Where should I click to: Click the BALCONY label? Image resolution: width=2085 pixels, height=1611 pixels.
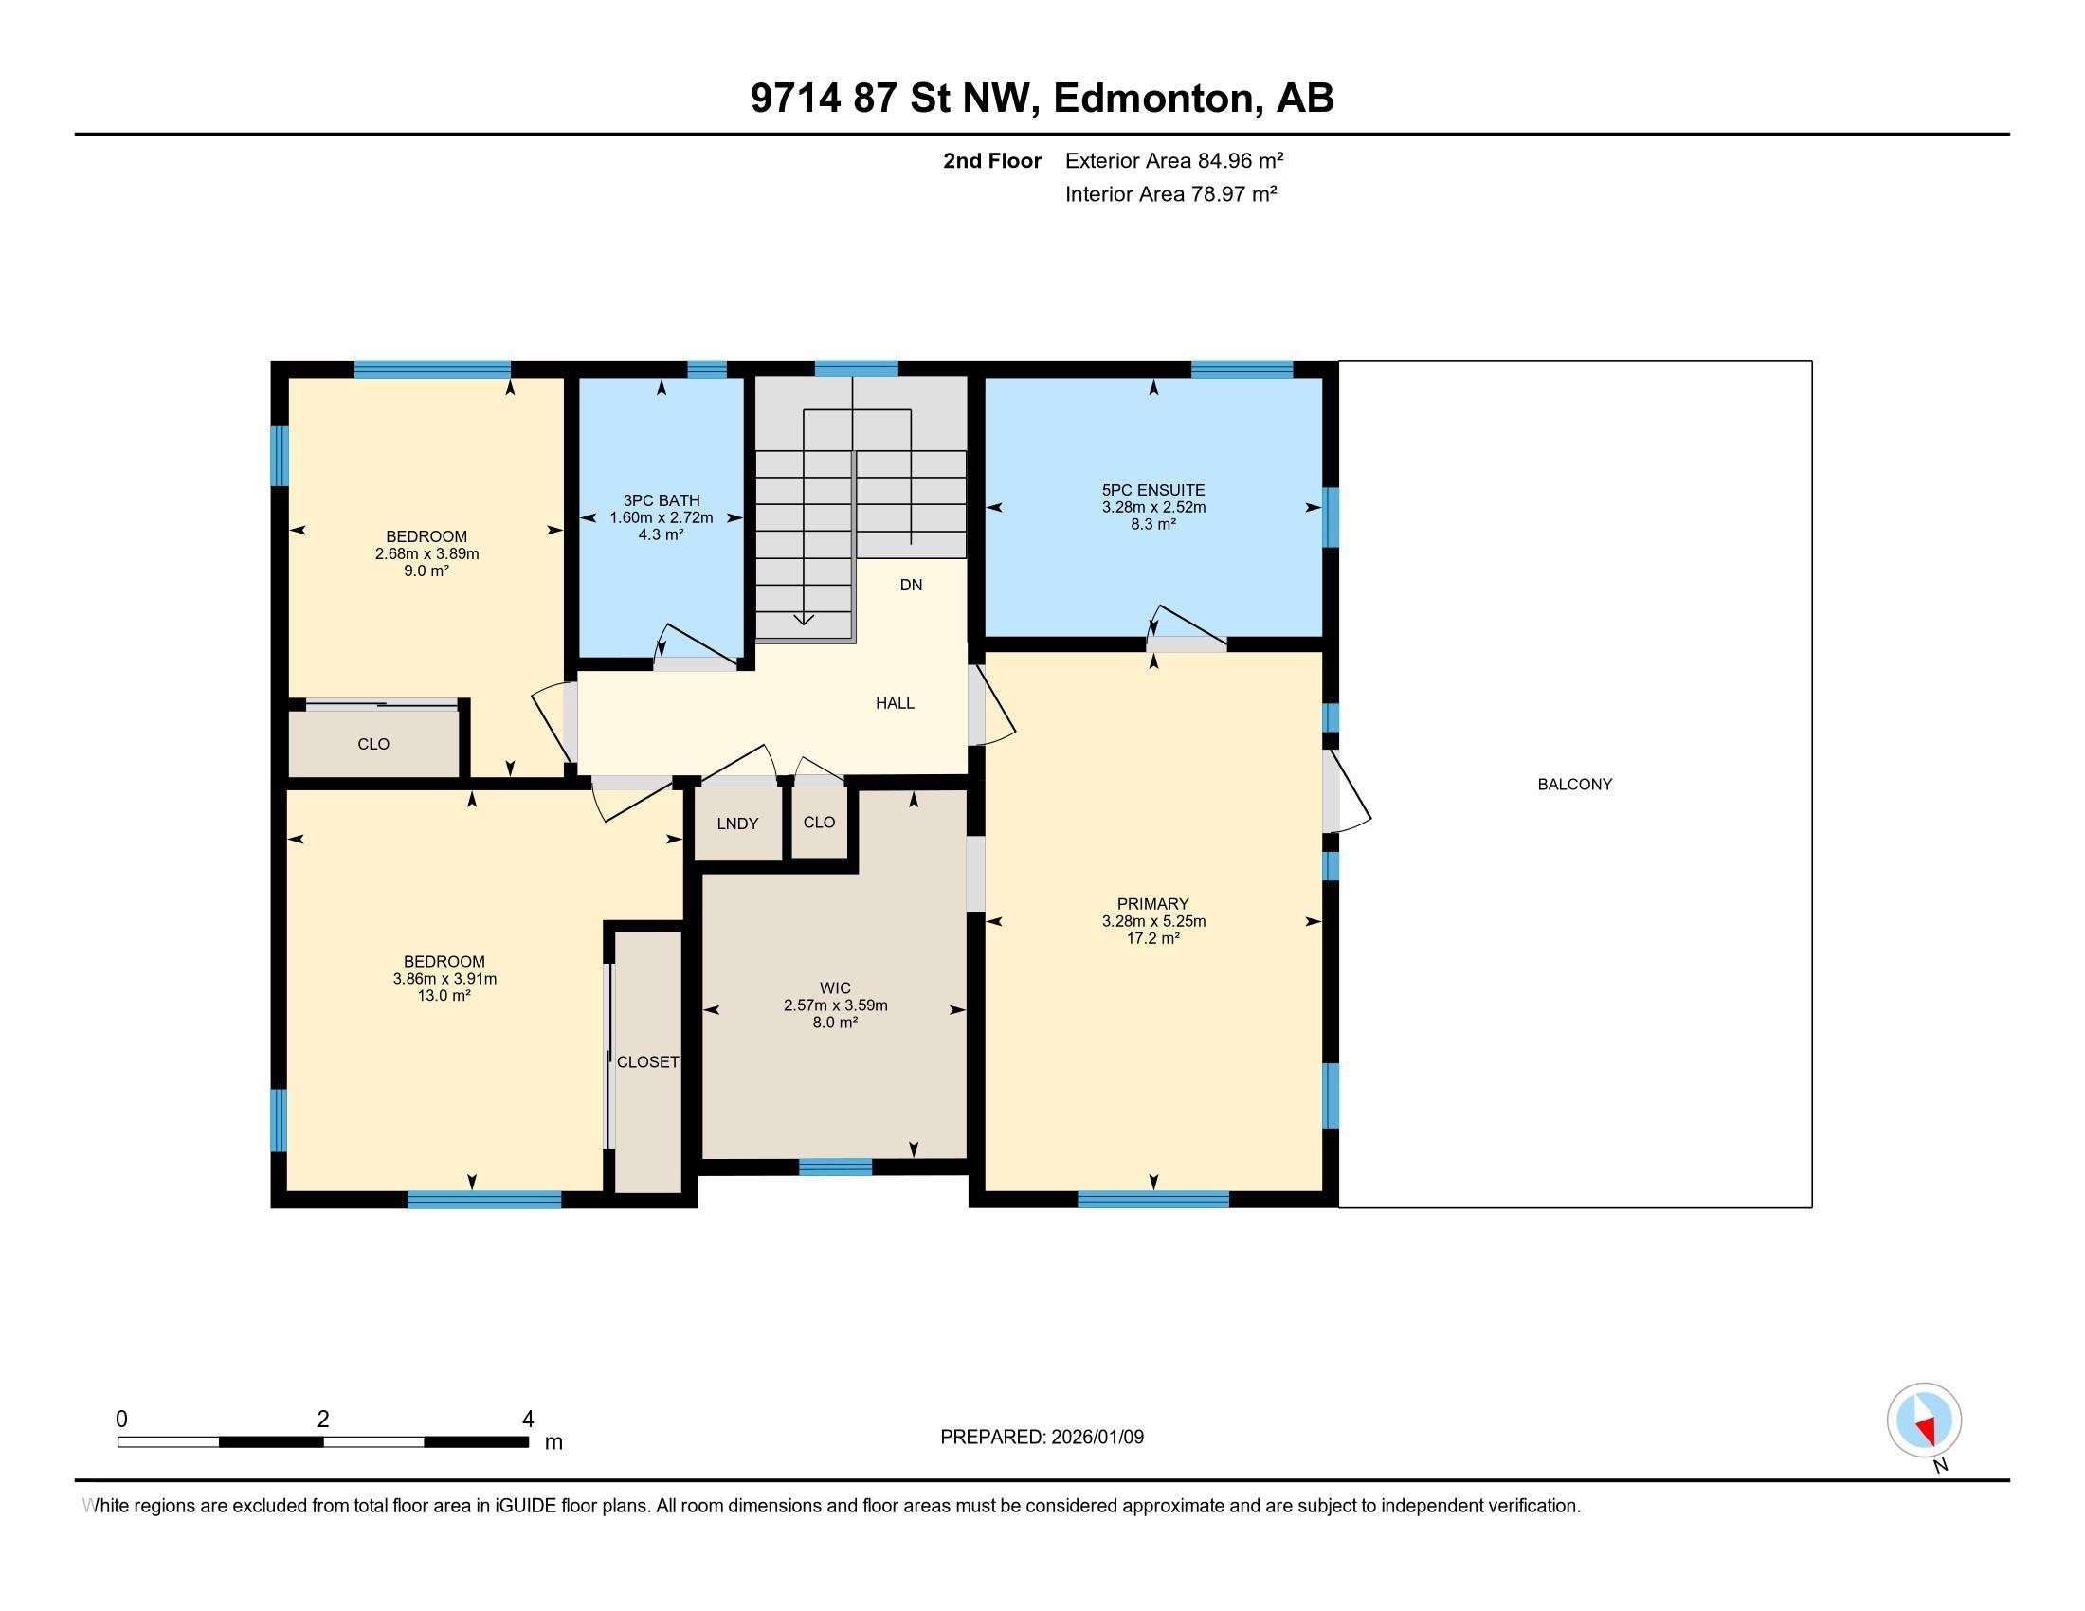click(x=1574, y=785)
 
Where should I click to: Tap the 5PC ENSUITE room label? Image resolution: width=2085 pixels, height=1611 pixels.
click(x=1153, y=491)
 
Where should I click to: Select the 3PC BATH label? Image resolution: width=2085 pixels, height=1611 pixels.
click(x=662, y=501)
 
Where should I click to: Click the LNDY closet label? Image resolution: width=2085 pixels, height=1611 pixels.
click(x=737, y=824)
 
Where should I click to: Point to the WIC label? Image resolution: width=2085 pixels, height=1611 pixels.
click(x=834, y=988)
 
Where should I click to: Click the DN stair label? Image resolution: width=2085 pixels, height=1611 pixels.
click(x=911, y=585)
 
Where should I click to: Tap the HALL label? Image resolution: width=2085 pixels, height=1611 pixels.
click(x=895, y=703)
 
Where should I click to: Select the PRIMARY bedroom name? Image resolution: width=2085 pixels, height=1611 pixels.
click(x=1153, y=904)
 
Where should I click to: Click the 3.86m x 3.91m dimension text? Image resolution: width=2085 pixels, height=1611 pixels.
click(x=444, y=979)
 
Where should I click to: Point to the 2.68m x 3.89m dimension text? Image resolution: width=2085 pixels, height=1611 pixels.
click(x=426, y=553)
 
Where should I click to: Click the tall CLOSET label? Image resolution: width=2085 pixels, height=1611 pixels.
click(x=647, y=1062)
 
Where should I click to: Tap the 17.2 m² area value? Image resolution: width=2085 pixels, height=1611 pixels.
click(x=1153, y=939)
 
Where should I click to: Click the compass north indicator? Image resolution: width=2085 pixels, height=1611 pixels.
click(x=1925, y=1421)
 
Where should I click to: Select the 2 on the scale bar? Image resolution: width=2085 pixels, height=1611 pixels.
click(x=322, y=1420)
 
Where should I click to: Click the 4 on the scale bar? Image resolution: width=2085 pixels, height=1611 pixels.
click(x=527, y=1420)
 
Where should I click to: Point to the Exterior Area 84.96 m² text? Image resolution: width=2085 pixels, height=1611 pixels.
click(x=1173, y=160)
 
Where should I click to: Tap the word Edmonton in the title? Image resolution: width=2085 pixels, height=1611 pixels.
click(x=1153, y=99)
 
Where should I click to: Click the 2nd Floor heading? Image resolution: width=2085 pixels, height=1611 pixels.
click(x=991, y=160)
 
